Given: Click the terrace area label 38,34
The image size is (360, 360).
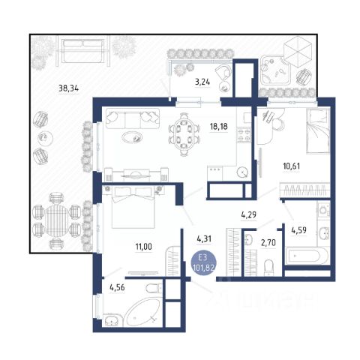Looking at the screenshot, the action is tap(68, 88).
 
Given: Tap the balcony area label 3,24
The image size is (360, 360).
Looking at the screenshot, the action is tap(202, 82).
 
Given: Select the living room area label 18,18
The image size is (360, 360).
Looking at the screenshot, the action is tap(219, 127).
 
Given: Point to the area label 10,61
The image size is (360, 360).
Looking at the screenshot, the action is tap(292, 166).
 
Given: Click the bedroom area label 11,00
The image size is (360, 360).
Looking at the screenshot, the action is tap(143, 247).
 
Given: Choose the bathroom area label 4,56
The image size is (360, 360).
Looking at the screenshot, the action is tap(117, 288).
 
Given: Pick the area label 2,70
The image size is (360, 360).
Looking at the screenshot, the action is tap(268, 242).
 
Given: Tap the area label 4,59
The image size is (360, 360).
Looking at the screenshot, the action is tap(298, 230).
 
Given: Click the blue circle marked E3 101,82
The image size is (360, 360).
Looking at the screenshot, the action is tap(203, 264).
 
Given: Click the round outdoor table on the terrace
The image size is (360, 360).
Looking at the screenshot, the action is tap(57, 220).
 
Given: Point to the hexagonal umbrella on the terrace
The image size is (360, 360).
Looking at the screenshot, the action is tap(298, 52).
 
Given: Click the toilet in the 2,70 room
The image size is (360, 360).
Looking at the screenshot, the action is tap(269, 268).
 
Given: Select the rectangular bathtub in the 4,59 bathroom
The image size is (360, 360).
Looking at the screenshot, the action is tap(303, 256).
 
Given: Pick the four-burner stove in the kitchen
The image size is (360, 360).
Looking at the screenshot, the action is tap(244, 135).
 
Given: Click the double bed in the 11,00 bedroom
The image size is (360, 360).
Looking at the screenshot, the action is tap(133, 207).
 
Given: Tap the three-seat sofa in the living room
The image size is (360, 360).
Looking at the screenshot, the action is tap(133, 118).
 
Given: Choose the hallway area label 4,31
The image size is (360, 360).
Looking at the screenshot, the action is tap(204, 239).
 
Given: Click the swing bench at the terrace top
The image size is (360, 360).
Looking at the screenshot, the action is tap(83, 51).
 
